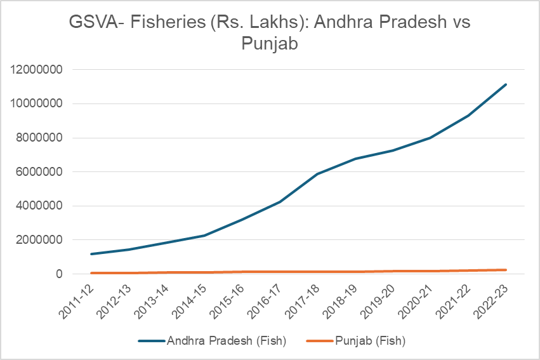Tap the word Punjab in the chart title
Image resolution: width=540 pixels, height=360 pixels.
point(270,44)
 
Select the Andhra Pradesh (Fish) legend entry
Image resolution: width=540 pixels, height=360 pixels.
point(226,341)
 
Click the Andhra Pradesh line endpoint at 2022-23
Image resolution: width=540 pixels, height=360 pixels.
point(506,84)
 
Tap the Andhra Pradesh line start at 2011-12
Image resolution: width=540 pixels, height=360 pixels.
point(92,254)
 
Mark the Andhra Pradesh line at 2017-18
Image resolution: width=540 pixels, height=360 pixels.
point(317,174)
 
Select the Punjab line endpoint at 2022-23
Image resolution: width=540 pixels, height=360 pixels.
point(506,270)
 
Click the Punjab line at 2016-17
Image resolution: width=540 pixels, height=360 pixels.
point(280,272)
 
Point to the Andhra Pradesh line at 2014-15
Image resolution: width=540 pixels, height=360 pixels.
point(204,236)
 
